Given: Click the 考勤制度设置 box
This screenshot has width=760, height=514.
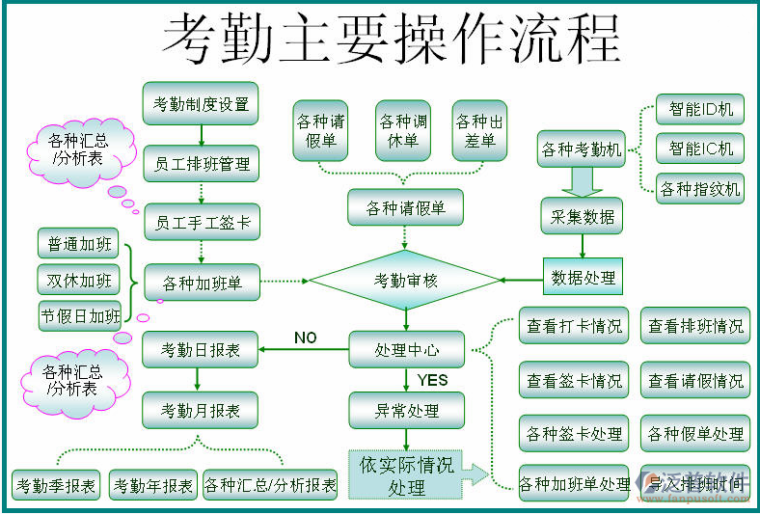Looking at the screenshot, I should click(201, 103).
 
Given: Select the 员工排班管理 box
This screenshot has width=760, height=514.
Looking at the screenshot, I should click(201, 164).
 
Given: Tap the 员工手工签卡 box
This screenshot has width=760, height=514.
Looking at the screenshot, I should click(201, 223).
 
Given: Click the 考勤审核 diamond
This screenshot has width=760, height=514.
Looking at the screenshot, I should click(404, 281).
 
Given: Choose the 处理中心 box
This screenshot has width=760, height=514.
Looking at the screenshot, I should click(406, 349).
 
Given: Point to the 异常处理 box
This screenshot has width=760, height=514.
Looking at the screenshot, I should click(406, 411).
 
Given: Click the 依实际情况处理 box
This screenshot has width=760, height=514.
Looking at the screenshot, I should click(406, 474).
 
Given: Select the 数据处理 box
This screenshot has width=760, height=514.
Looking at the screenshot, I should click(583, 278).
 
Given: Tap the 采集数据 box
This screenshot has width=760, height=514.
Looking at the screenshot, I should click(582, 217).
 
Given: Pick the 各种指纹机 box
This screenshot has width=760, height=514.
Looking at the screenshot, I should click(699, 188).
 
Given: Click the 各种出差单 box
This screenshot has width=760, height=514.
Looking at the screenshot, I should click(479, 131).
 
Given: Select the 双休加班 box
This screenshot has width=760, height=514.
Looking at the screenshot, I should click(77, 281).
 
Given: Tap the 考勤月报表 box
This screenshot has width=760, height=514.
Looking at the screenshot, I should click(201, 411).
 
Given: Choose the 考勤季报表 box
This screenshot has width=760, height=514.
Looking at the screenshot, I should click(56, 485).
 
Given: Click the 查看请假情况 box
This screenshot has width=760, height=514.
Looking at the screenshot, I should click(694, 381).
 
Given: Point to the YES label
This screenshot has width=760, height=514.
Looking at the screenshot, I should click(432, 380).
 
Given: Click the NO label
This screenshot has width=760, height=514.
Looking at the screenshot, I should click(305, 338).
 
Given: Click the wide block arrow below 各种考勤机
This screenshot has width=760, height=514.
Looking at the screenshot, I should click(582, 180).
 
